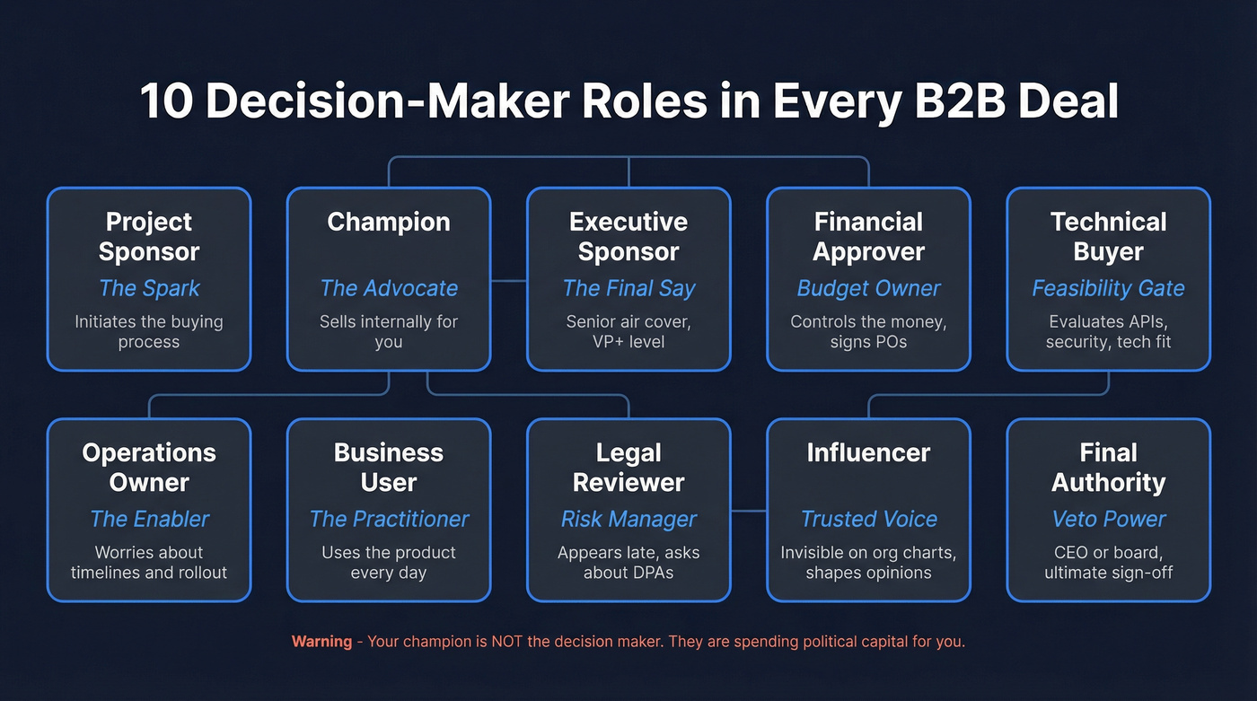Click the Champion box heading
[388, 222]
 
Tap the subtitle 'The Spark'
[149, 288]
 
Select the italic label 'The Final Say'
[628, 288]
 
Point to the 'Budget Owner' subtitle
[868, 288]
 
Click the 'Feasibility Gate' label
[1108, 288]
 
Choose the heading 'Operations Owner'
[149, 467]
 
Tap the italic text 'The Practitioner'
[389, 519]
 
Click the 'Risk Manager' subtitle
[628, 519]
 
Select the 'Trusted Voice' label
[868, 519]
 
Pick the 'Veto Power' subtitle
[1108, 519]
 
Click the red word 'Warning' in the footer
[321, 642]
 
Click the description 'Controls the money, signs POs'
[868, 331]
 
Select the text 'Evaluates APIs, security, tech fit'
[1108, 331]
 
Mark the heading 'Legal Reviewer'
[628, 467]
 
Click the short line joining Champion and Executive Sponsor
[508, 281]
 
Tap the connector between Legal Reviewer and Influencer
[749, 511]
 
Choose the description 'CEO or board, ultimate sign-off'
[1108, 562]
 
